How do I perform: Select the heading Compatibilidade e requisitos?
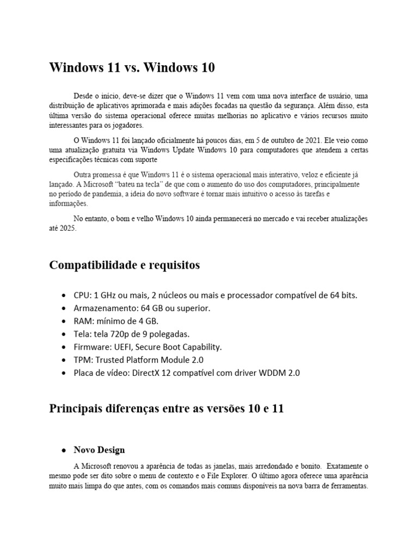pyautogui.click(x=124, y=265)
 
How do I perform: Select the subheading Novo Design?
pyautogui.click(x=100, y=450)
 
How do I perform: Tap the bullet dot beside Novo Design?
pyautogui.click(x=64, y=450)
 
